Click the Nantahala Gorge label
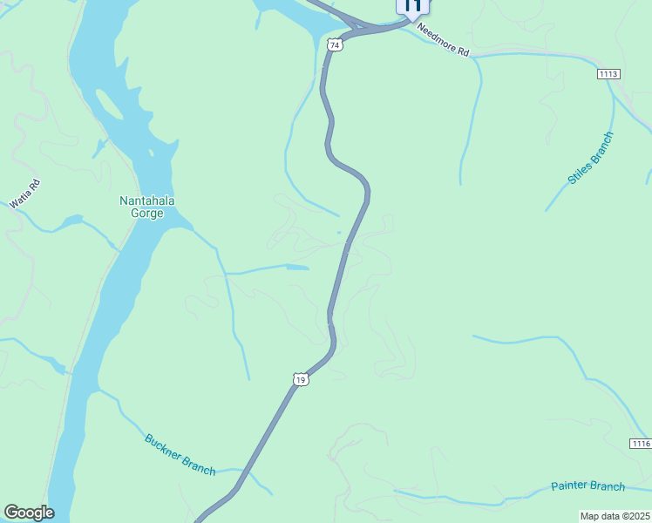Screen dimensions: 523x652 click(147, 207)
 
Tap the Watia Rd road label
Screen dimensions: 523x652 click(25, 193)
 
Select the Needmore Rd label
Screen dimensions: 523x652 click(444, 40)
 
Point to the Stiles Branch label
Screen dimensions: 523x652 click(590, 158)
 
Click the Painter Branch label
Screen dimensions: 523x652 click(587, 486)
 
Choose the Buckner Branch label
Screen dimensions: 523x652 click(180, 454)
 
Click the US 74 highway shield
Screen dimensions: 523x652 click(335, 44)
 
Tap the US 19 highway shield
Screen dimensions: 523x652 click(300, 379)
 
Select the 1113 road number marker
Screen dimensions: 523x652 click(608, 74)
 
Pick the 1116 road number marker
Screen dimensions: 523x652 click(640, 444)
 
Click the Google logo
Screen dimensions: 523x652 click(29, 513)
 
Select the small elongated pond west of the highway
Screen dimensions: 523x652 click(297, 267)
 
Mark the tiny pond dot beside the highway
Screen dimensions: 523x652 click(339, 232)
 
